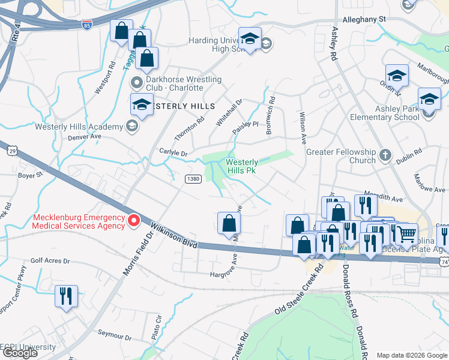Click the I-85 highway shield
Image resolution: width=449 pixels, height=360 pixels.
pyautogui.click(x=87, y=25)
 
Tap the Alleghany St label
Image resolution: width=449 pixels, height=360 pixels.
pyautogui.click(x=364, y=19)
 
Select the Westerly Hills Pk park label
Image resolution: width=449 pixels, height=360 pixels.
pyautogui.click(x=242, y=166)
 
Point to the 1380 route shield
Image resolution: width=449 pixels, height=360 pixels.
pyautogui.click(x=192, y=179)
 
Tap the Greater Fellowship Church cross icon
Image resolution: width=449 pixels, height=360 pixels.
pyautogui.click(x=385, y=157)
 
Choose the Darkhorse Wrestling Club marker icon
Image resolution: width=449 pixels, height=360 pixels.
pyautogui.click(x=137, y=83)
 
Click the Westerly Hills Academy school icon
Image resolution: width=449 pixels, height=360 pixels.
pyautogui.click(x=131, y=126)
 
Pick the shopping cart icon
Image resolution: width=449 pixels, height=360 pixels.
pyautogui.click(x=406, y=234)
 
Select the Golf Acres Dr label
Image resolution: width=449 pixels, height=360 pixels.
pyautogui.click(x=50, y=262)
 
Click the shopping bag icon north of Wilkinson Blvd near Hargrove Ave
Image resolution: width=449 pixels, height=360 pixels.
pyautogui.click(x=229, y=224)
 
